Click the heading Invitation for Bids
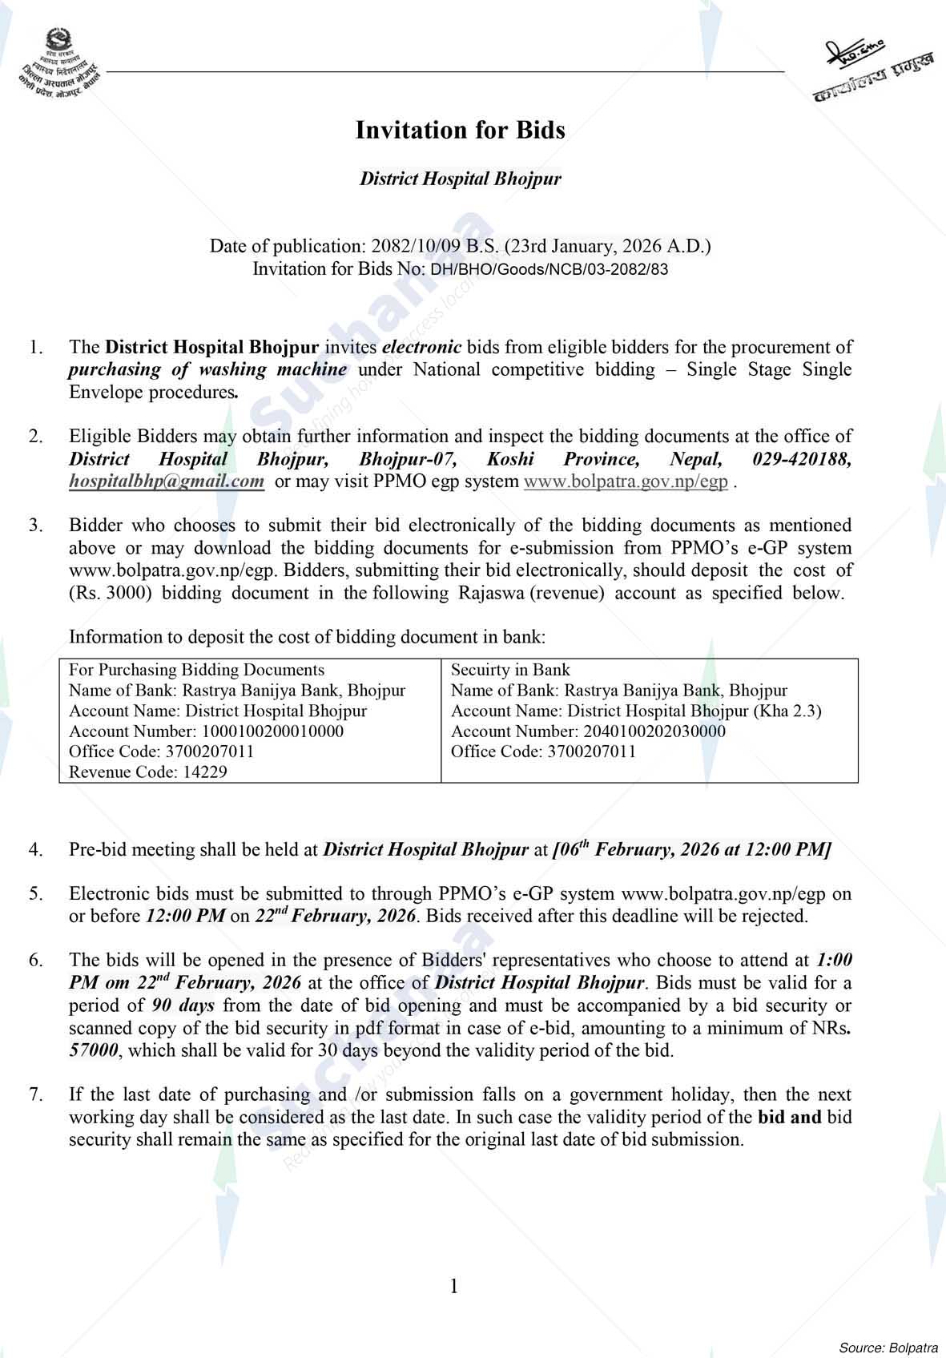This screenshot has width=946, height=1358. [x=460, y=130]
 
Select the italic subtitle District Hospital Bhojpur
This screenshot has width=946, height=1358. [x=460, y=178]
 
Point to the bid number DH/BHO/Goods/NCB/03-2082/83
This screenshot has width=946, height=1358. [x=549, y=269]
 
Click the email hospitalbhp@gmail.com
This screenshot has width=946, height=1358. [x=167, y=482]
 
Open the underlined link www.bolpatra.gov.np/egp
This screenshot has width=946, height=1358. [x=626, y=482]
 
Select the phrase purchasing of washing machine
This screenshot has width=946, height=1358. [x=207, y=369]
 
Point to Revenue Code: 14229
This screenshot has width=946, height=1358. [x=148, y=772]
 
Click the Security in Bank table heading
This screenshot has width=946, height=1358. [x=510, y=670]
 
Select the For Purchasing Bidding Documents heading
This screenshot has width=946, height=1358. [x=197, y=670]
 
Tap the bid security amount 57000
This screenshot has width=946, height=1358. [x=94, y=1050]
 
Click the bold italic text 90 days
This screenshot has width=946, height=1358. [x=183, y=1005]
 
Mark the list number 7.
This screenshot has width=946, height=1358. [x=35, y=1094]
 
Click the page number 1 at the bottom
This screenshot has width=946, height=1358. [x=454, y=1287]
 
